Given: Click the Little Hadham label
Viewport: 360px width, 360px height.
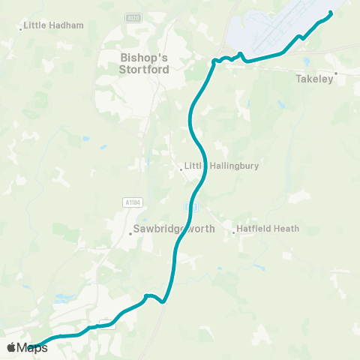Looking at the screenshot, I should [53, 25].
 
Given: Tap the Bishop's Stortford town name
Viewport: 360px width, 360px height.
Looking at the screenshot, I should [145, 63].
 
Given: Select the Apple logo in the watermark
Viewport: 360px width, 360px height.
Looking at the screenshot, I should [11, 347].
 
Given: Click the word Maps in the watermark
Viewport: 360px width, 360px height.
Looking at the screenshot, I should [32, 347].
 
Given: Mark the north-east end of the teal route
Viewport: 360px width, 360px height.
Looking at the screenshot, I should [331, 12].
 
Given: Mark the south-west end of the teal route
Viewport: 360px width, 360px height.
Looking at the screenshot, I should [30, 348].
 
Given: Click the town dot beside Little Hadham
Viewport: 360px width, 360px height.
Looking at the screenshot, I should [20, 29].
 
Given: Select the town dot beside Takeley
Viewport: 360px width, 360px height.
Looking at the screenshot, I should [335, 73].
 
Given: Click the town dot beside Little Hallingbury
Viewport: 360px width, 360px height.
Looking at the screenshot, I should [181, 169].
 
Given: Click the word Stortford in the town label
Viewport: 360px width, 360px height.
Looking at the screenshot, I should [145, 70].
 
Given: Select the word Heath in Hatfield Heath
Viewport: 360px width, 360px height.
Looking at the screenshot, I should [286, 228].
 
